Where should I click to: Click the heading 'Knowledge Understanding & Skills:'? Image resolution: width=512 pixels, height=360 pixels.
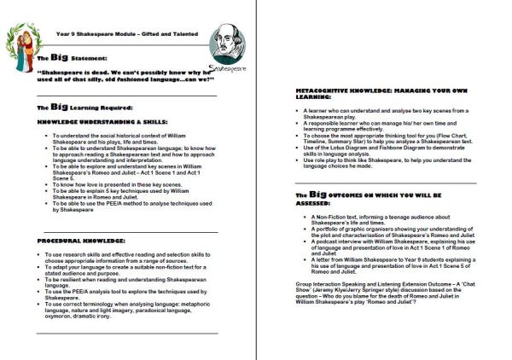point(94,124)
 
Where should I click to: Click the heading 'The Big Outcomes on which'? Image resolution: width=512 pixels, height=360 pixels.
point(375,195)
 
